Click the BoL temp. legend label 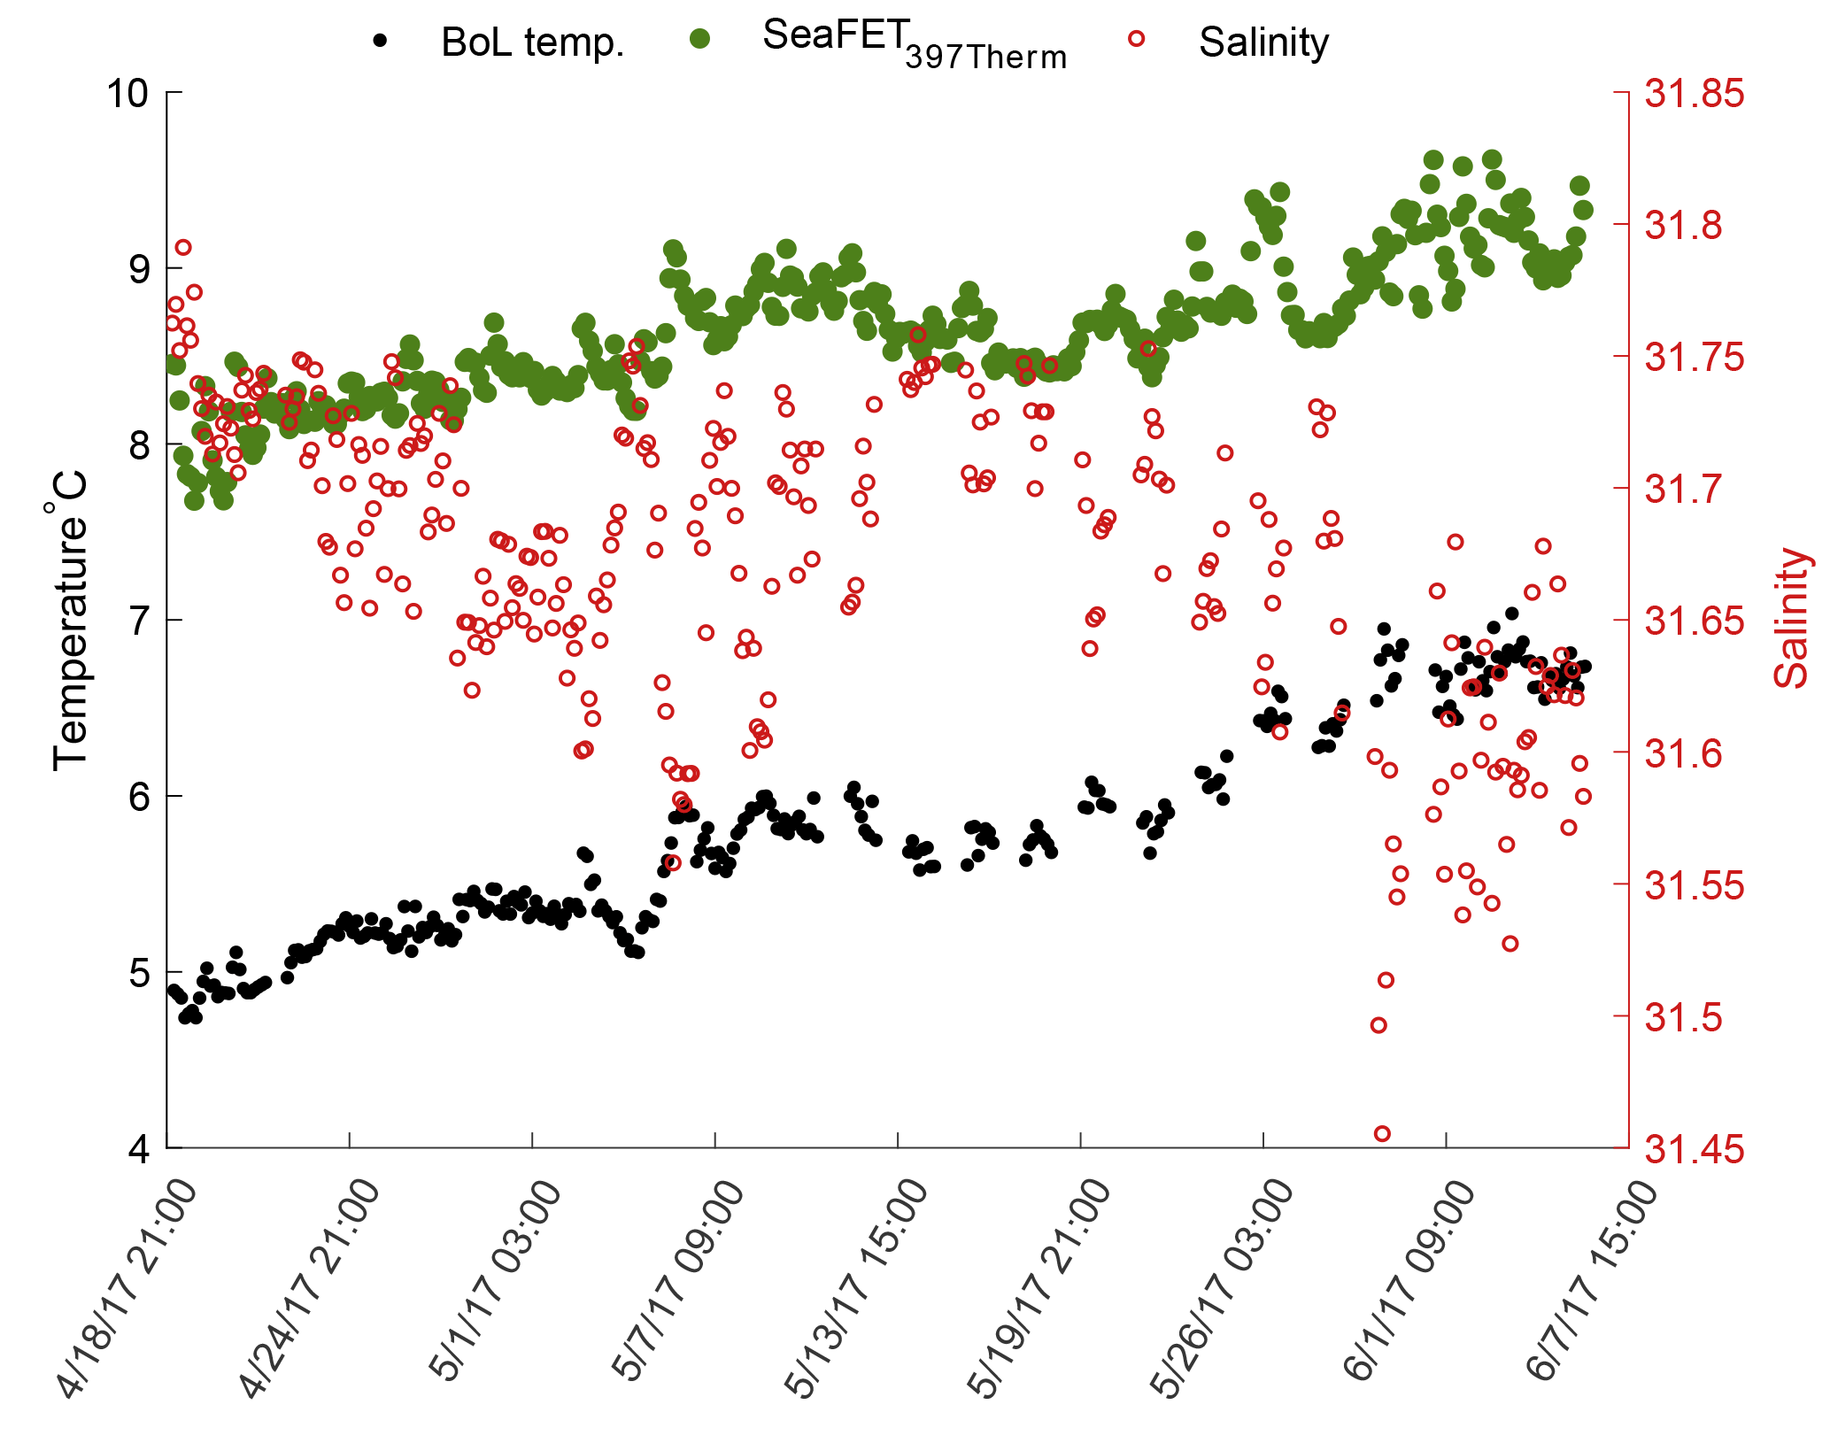point(532,42)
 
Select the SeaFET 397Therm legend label point(914,42)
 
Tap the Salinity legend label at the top point(1263,42)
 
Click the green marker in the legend point(699,39)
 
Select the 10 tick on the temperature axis point(127,93)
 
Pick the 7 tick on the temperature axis point(139,621)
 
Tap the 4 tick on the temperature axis point(139,1149)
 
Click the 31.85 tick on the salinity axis point(1694,94)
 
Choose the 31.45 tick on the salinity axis point(1694,1150)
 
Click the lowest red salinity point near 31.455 point(1382,1133)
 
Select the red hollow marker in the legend point(1136,39)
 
